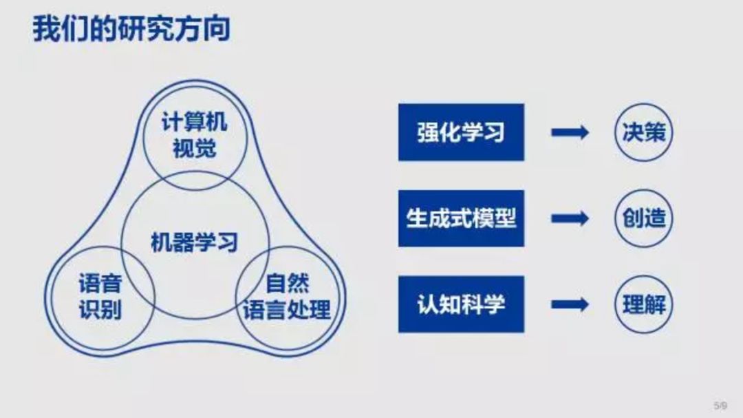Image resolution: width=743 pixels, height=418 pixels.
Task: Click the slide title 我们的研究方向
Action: [x=131, y=30]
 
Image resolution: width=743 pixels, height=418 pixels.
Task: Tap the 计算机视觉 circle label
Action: [x=194, y=136]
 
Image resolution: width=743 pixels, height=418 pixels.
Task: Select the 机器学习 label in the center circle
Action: [x=195, y=242]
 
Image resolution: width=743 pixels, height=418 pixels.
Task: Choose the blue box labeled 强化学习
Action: [x=461, y=132]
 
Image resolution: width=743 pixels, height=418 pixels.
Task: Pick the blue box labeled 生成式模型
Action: [x=461, y=218]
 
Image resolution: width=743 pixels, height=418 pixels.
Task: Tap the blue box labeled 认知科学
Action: [x=461, y=304]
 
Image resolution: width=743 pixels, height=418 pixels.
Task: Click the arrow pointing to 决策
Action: [x=570, y=132]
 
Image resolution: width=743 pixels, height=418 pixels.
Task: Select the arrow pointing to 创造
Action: [x=570, y=218]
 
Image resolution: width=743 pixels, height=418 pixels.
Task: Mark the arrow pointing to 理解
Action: [x=570, y=304]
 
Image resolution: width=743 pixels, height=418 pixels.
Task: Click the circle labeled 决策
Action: [x=644, y=132]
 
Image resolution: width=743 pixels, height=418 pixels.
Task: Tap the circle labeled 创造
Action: [x=644, y=218]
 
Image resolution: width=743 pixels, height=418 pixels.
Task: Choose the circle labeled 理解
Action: [x=644, y=304]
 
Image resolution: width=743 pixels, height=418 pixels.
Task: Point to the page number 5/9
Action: [x=720, y=405]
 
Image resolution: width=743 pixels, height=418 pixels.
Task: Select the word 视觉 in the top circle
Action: [x=194, y=148]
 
